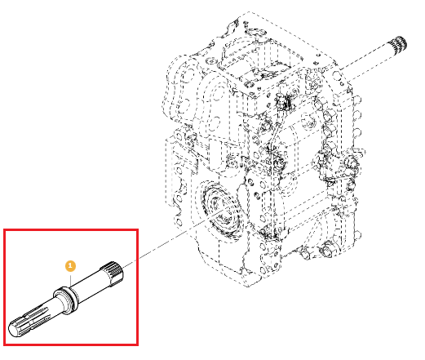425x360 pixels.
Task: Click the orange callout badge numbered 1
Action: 70,266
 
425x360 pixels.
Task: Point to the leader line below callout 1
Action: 70,279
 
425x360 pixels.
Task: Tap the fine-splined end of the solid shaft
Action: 113,273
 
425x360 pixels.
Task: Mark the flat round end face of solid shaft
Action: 15,330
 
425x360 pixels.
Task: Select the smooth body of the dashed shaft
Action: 365,63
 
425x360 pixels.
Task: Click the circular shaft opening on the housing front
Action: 221,210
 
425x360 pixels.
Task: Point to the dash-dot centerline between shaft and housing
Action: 169,240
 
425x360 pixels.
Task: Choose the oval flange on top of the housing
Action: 255,32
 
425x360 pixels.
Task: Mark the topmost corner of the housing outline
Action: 249,12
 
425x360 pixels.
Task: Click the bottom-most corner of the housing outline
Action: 246,287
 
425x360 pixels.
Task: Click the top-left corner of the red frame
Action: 4,230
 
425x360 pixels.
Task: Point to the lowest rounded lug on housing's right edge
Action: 358,234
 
